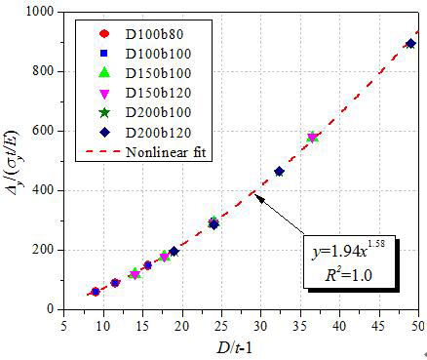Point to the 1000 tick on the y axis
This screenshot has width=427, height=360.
tap(39, 12)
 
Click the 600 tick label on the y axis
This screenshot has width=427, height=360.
tap(44, 131)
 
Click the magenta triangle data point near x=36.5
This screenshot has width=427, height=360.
tap(312, 138)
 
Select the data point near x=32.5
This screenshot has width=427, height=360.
tap(280, 172)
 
